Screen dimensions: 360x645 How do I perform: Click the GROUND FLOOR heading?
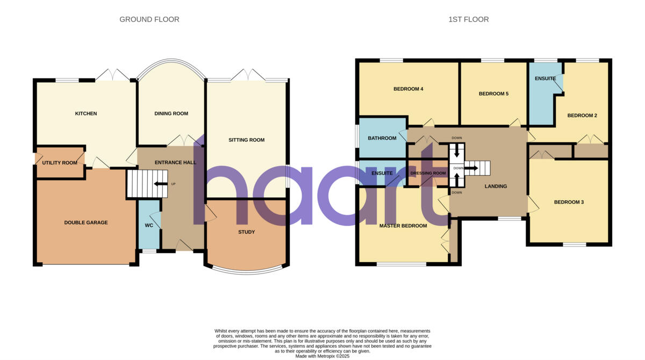point(149,19)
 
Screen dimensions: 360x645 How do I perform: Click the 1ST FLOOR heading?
point(468,19)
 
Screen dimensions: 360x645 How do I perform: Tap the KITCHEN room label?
point(85,113)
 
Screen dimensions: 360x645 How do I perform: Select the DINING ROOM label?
point(171,113)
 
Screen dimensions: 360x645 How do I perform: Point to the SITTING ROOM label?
point(246,140)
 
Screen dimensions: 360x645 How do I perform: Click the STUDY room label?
point(246,232)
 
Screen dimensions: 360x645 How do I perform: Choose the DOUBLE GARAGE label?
point(85,222)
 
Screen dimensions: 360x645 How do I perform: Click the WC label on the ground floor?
point(149,225)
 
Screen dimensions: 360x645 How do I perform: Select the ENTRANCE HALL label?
point(175,162)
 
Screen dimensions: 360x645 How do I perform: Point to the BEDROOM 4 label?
point(408,89)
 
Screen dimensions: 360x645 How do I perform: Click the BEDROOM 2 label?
point(582,116)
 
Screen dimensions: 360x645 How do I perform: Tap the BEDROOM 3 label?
point(569,202)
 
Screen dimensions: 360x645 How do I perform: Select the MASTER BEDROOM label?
point(403,226)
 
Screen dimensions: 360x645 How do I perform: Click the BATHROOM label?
point(382,138)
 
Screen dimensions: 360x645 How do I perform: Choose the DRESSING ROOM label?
point(428,173)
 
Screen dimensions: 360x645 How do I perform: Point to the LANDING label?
point(495,186)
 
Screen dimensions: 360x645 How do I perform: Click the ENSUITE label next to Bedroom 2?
point(545,79)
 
